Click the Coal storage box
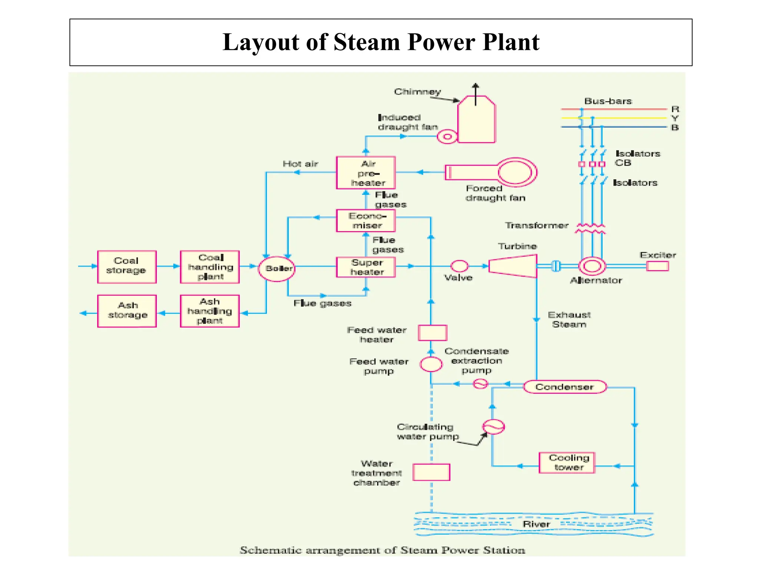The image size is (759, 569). click(127, 267)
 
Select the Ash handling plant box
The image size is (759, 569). click(210, 311)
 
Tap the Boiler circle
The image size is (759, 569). click(277, 269)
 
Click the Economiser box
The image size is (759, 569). click(366, 221)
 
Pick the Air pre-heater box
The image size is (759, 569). click(366, 173)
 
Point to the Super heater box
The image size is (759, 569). click(366, 267)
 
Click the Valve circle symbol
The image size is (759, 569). click(459, 266)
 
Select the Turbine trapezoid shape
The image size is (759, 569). click(513, 266)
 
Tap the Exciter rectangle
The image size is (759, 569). click(657, 266)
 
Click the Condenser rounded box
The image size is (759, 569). click(565, 387)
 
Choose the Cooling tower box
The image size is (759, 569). click(567, 463)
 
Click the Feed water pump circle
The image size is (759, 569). click(431, 364)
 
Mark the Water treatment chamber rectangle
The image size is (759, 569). click(431, 472)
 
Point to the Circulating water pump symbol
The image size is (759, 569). click(493, 427)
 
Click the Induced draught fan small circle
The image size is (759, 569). click(447, 137)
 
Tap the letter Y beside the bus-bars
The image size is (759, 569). click(675, 119)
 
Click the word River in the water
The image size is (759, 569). click(536, 524)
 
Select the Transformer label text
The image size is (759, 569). click(536, 225)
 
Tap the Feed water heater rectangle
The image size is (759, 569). click(432, 333)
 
